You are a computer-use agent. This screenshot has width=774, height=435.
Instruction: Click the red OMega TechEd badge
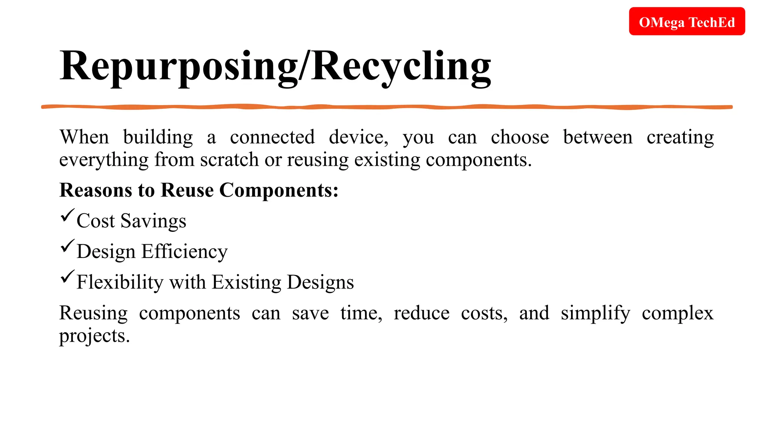click(x=687, y=22)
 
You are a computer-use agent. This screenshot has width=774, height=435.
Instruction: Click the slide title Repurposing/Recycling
click(x=275, y=66)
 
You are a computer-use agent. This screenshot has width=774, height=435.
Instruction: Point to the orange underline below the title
click(x=387, y=107)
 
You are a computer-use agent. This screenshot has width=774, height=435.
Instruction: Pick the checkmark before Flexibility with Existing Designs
click(x=67, y=277)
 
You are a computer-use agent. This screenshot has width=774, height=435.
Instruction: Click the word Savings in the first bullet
click(x=153, y=221)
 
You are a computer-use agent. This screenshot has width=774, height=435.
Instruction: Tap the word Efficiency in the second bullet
click(x=184, y=252)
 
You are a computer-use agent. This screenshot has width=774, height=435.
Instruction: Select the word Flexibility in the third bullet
click(x=120, y=282)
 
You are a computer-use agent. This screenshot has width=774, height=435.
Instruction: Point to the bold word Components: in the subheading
click(x=279, y=190)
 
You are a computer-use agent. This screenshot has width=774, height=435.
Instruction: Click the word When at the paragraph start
click(x=84, y=137)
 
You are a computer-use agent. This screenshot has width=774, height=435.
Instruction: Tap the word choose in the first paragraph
click(x=520, y=137)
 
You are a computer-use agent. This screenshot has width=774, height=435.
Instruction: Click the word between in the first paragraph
click(x=598, y=137)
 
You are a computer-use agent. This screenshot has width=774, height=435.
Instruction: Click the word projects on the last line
click(x=94, y=336)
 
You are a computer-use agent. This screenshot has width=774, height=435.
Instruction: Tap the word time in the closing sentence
click(x=361, y=313)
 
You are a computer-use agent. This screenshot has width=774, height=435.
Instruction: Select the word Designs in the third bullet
click(x=320, y=282)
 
